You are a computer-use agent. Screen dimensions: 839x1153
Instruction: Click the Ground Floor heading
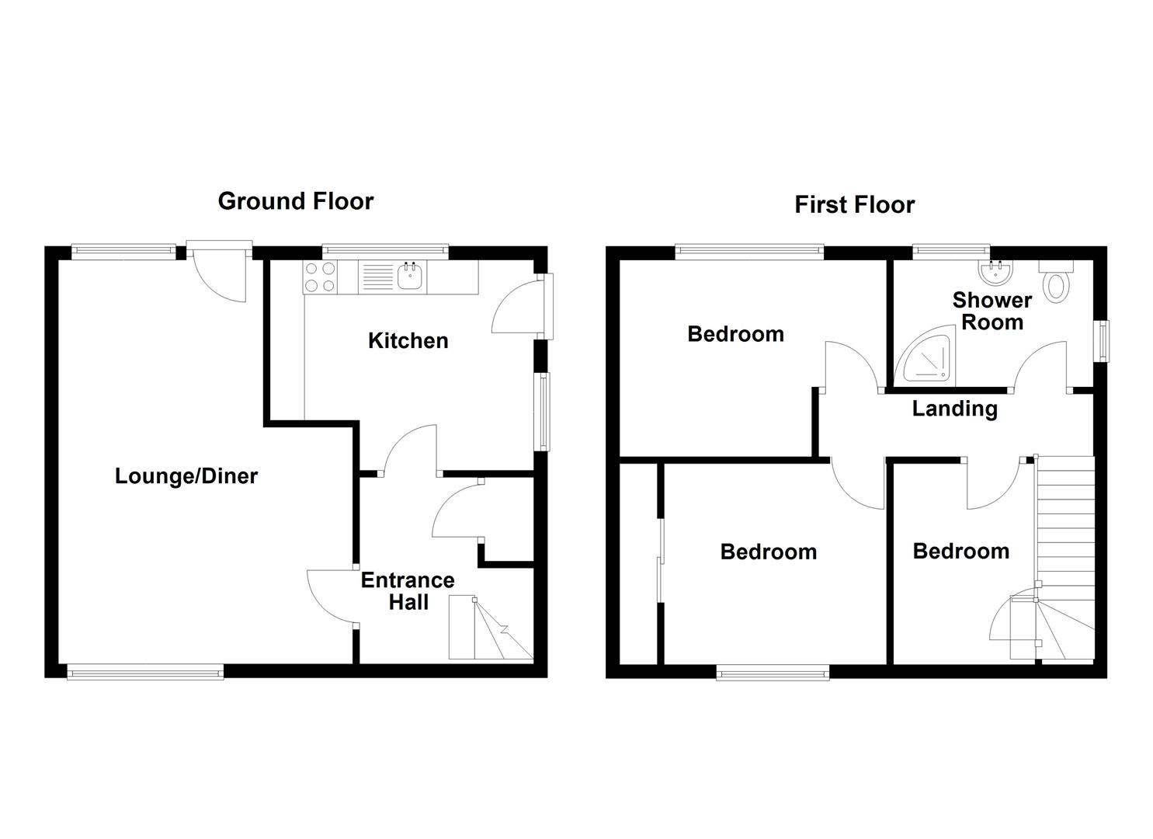295,201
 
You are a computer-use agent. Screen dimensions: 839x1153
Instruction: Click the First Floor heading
854,205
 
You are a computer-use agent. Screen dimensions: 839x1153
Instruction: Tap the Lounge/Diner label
186,476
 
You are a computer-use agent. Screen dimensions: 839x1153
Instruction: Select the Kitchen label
408,340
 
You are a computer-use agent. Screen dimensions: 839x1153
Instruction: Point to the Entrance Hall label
408,591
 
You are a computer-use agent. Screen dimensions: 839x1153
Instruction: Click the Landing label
954,409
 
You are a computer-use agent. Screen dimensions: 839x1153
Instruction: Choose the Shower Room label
992,311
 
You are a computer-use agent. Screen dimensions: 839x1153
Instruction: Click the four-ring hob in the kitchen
321,277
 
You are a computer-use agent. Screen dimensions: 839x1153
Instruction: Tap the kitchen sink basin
409,276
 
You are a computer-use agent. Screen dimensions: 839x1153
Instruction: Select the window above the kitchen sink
385,251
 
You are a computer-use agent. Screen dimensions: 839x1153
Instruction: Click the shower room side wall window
1103,340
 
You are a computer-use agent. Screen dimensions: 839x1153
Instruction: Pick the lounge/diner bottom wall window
145,671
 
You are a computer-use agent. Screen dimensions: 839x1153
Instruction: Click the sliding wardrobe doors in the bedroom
661,559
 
